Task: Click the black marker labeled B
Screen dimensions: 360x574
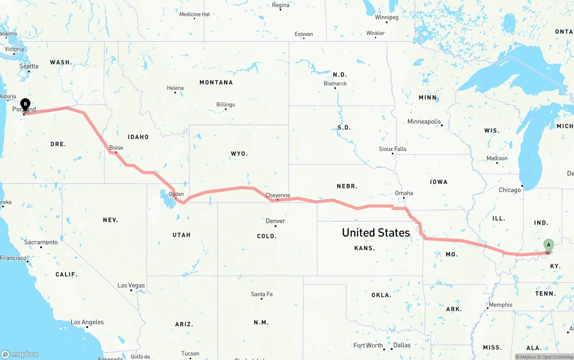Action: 26,104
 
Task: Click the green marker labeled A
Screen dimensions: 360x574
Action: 548,245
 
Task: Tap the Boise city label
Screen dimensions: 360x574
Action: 116,147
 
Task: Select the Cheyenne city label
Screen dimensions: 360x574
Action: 278,195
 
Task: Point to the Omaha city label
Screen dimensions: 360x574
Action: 404,193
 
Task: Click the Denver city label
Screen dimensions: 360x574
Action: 275,221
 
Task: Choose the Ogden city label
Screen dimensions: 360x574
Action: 176,194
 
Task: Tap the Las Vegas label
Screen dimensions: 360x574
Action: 131,285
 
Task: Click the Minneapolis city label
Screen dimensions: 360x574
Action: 424,121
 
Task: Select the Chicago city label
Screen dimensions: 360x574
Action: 510,190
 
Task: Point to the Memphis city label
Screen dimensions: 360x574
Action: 500,305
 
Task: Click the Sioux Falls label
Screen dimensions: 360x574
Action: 393,149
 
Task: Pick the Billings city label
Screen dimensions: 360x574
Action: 226,104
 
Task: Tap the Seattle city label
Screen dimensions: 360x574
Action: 29,66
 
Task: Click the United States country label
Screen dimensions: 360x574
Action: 376,232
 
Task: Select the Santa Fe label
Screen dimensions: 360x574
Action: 261,294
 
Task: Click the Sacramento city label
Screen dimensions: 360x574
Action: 41,242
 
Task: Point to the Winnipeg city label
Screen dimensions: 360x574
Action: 387,17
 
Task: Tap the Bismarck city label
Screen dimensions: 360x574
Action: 335,83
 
